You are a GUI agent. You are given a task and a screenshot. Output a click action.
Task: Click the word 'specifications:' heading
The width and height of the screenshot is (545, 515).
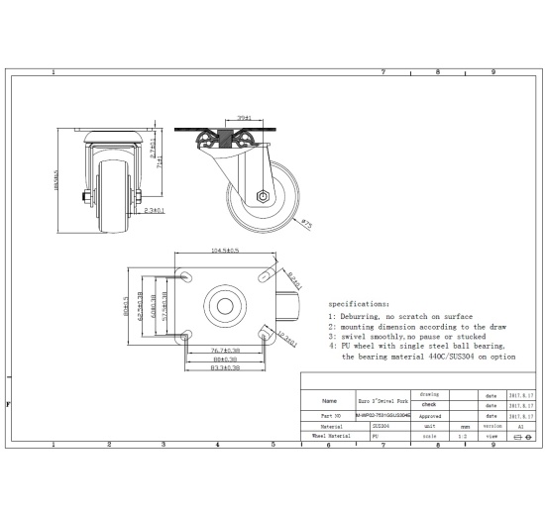(359, 304)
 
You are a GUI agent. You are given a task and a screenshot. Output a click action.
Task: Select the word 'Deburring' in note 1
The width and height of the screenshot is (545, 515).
(364, 316)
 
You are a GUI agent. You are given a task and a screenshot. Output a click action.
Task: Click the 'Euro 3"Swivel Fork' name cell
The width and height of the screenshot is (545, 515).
(381, 401)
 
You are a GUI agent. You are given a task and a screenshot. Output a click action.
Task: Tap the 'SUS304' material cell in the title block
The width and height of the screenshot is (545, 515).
(381, 425)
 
